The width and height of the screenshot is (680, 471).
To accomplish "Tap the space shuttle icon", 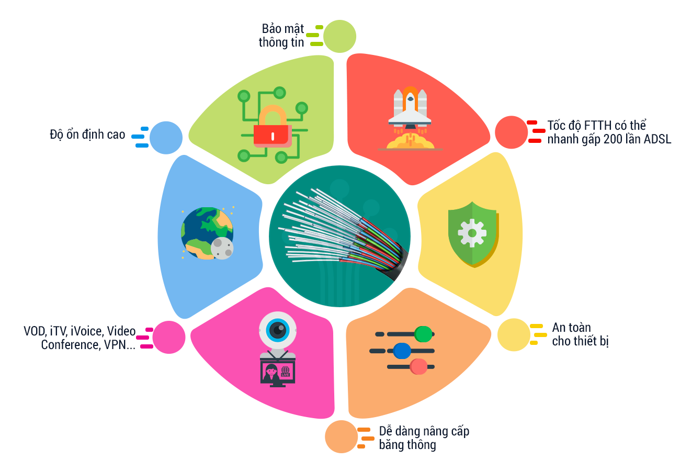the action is tap(410, 110).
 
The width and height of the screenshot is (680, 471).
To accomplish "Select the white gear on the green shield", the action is tap(472, 233).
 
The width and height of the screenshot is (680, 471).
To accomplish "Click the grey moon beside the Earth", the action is tap(222, 248).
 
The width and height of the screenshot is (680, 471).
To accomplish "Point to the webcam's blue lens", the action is tap(277, 330).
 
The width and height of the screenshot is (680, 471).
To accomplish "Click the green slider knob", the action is tap(423, 334).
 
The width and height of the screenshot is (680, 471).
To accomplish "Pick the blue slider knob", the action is tap(402, 351).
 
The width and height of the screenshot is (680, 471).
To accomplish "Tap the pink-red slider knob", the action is tap(418, 366).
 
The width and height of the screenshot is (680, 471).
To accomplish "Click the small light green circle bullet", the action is tap(339, 37).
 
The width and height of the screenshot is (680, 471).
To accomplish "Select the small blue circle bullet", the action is tap(166, 138).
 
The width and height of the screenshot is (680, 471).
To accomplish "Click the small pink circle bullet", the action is tap(169, 337).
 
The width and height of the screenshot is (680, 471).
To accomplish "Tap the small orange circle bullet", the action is tap(341, 436).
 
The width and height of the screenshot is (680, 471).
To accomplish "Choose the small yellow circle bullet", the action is tap(514, 334).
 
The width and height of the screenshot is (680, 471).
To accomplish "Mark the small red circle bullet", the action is tap(511, 132).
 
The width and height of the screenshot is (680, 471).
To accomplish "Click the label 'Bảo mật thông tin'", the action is tap(281, 36).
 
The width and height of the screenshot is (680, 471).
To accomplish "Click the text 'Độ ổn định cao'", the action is tap(87, 134).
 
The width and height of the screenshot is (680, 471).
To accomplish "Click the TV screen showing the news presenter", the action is tap(277, 372).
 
